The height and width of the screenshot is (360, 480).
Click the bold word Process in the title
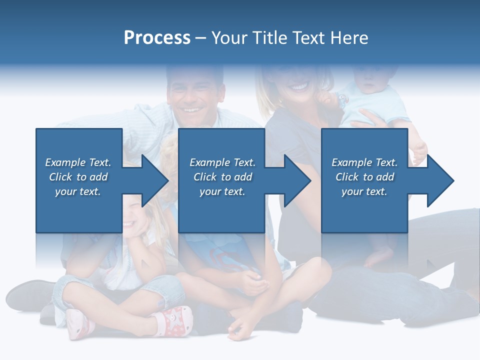(157, 38)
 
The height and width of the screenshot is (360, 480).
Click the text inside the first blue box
(78, 177)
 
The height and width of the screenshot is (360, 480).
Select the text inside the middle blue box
(222, 177)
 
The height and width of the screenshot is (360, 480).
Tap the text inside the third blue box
(364, 177)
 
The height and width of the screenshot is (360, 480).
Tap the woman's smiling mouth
(299, 87)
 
